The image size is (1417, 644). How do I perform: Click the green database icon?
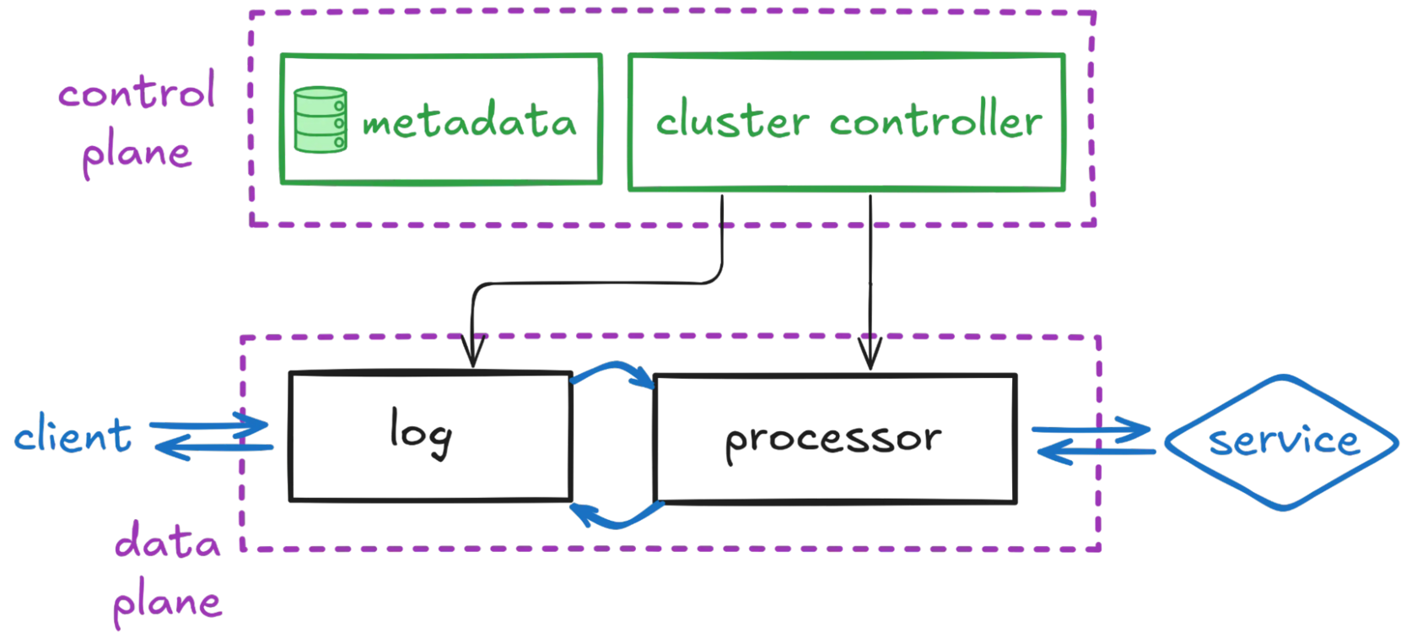coord(321,120)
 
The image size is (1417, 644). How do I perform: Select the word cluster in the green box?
coord(732,118)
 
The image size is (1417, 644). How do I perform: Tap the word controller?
coord(935,118)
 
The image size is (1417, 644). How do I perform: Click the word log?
coord(421,434)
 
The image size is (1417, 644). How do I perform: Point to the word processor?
coord(833,441)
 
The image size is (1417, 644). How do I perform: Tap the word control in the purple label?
coord(137,90)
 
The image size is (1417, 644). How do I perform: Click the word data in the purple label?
coord(167,540)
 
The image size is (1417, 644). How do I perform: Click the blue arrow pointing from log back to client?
coord(214,447)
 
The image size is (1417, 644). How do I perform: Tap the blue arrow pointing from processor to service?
coord(1091,430)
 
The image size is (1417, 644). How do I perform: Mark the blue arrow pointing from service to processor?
coord(1096,452)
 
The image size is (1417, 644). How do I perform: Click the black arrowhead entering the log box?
coord(472,351)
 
